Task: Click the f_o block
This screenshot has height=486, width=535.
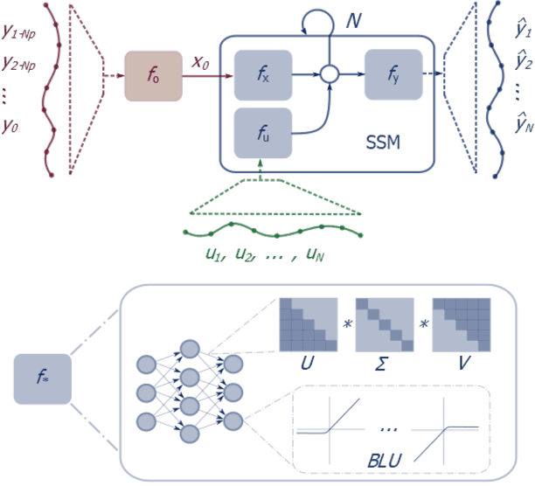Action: click(154, 74)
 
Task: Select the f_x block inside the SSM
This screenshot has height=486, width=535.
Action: click(263, 74)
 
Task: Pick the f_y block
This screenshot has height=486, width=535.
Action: click(393, 74)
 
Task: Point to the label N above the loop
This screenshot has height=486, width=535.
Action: click(354, 19)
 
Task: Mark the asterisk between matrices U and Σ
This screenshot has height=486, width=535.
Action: click(348, 324)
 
